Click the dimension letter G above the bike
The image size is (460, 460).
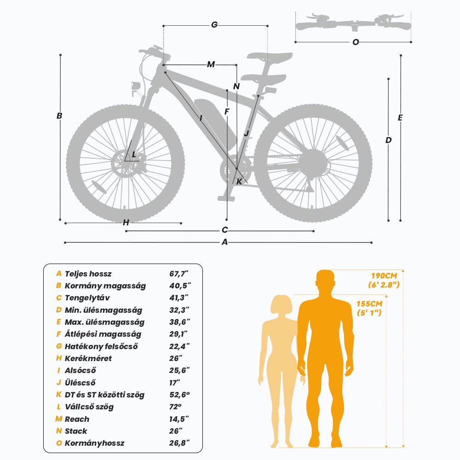pyautogui.click(x=214, y=25)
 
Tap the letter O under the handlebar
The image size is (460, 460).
pyautogui.click(x=356, y=42)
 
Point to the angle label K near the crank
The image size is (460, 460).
pyautogui.click(x=239, y=182)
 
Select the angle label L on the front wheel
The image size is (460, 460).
pyautogui.click(x=134, y=155)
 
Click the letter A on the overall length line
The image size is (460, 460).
pyautogui.click(x=225, y=242)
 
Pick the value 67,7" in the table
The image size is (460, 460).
pyautogui.click(x=178, y=274)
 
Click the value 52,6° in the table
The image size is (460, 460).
pyautogui.click(x=179, y=395)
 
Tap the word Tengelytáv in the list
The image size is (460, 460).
pyautogui.click(x=87, y=298)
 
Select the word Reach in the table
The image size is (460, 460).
pyautogui.click(x=77, y=419)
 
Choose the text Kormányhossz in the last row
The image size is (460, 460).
pyautogui.click(x=94, y=443)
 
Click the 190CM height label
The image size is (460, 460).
pyautogui.click(x=384, y=276)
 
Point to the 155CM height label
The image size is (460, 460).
pyautogui.click(x=369, y=304)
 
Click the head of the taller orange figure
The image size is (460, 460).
pyautogui.click(x=325, y=282)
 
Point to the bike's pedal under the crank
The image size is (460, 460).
pyautogui.click(x=226, y=199)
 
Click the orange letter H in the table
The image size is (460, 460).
pyautogui.click(x=59, y=358)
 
